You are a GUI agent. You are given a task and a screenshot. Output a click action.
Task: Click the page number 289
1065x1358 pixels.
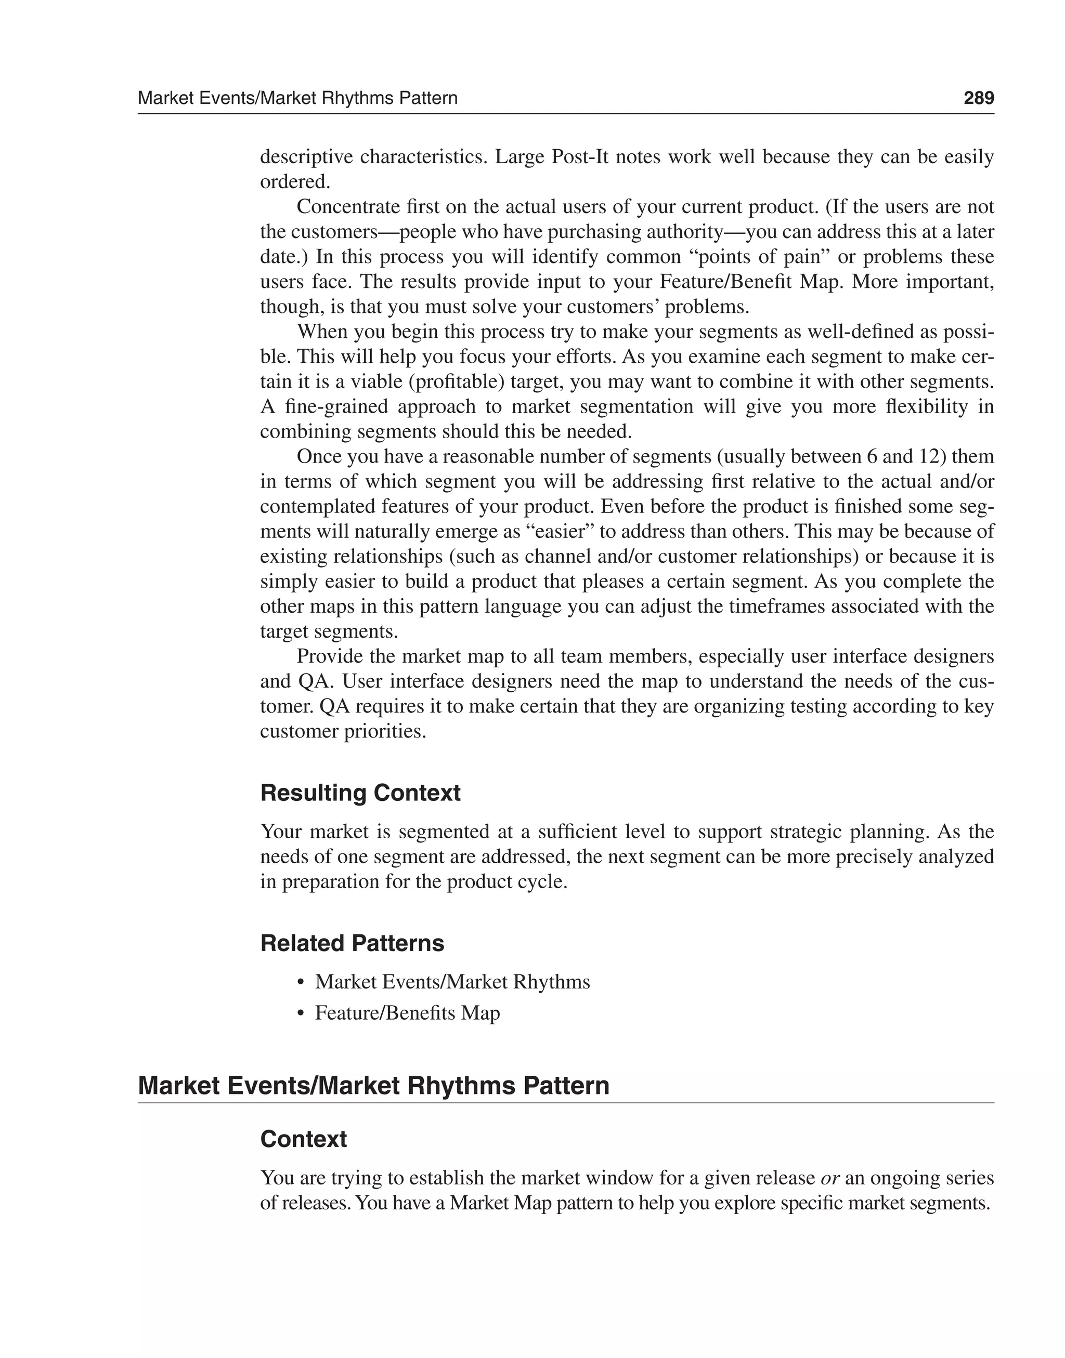coord(978,98)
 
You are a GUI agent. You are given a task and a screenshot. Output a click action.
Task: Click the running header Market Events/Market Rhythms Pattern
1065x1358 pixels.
coord(297,98)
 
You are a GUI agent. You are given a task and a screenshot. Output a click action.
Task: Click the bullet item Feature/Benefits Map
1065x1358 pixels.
coord(407,1013)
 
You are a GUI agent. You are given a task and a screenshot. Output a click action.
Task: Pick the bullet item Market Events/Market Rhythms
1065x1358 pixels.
coord(452,982)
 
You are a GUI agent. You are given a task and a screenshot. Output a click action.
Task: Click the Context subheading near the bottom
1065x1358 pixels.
coord(303,1139)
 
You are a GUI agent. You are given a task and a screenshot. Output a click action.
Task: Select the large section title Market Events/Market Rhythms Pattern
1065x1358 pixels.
coord(373,1086)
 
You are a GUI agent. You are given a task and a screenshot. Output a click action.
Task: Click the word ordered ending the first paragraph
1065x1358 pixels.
coord(294,182)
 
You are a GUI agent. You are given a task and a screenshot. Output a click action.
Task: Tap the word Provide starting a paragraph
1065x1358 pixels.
coord(331,656)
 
